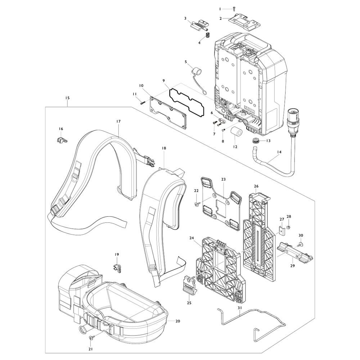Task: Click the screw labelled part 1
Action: click(x=234, y=9)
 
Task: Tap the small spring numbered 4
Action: click(x=208, y=36)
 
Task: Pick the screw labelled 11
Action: click(x=142, y=103)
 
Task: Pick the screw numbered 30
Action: click(x=300, y=244)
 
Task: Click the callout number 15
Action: click(x=67, y=98)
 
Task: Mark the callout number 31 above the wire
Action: click(x=240, y=307)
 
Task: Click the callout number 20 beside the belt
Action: click(x=178, y=321)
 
